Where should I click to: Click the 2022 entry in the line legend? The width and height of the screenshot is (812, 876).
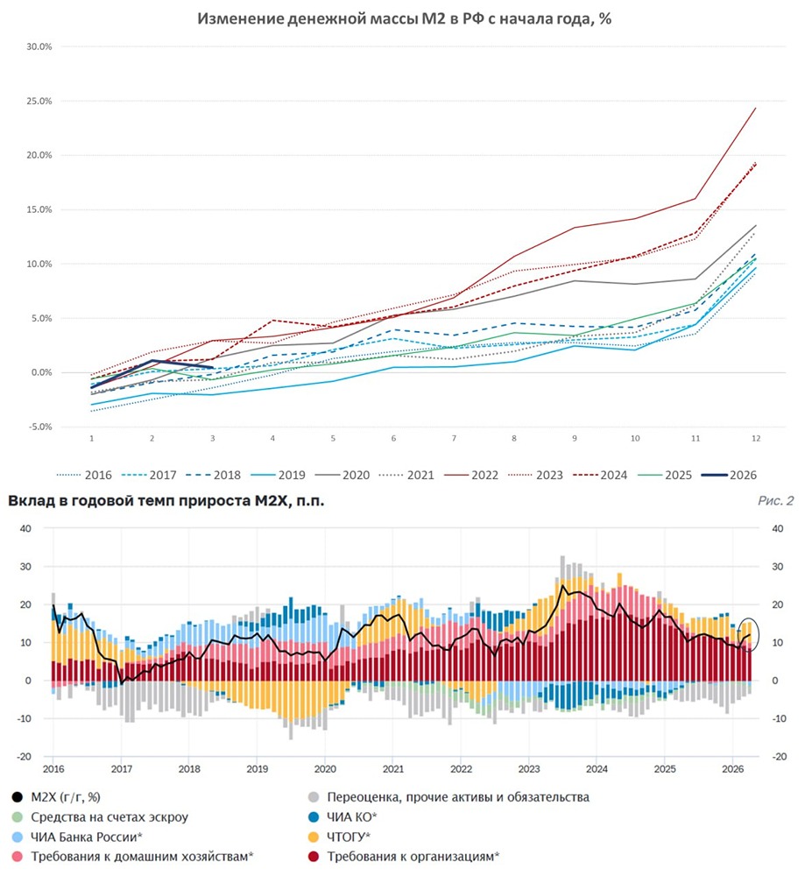(484, 475)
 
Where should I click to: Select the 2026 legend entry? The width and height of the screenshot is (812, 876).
(742, 475)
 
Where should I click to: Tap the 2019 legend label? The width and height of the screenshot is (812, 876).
(291, 475)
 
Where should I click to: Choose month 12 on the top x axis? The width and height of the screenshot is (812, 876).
(756, 437)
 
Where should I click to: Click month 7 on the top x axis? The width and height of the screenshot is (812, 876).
(454, 437)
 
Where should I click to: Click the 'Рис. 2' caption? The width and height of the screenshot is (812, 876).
(776, 501)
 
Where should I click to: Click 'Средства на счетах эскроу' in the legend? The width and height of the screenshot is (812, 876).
(110, 816)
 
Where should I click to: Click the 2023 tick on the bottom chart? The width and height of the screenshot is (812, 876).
(527, 767)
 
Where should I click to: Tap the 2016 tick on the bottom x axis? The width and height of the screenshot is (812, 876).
(53, 767)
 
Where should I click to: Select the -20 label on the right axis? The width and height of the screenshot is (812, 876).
(776, 756)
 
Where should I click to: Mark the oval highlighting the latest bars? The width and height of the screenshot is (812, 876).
(748, 634)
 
